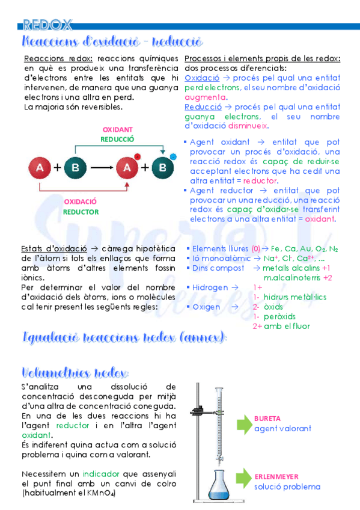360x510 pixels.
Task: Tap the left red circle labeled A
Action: [x=40, y=168]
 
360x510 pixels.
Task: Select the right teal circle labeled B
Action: [x=162, y=168]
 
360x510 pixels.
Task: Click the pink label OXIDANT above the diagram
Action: [x=117, y=129]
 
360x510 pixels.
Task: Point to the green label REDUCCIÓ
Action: [x=117, y=139]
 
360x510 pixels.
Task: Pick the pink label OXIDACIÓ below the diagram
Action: [x=80, y=201]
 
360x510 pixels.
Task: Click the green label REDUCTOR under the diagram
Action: [x=81, y=212]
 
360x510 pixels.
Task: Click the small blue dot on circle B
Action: [x=173, y=156]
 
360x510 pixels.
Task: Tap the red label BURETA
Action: [x=267, y=419]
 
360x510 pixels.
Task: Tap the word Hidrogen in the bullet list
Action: [x=210, y=287]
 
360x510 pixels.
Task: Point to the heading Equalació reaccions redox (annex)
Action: [x=124, y=337]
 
